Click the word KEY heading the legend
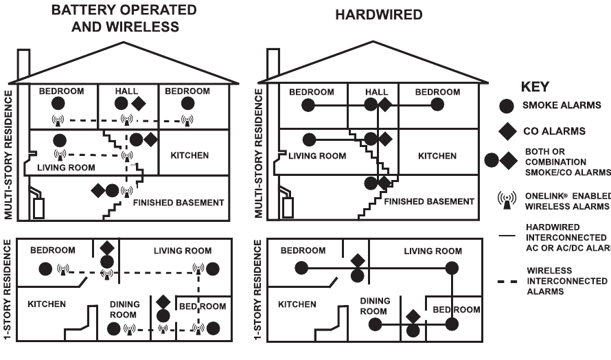coord(536,88)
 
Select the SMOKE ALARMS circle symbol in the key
coord(507,106)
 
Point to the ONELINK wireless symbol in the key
coord(507,199)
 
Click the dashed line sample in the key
coord(507,281)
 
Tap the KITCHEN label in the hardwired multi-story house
coord(437,156)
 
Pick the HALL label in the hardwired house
coord(377,91)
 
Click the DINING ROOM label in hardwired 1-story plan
coord(375,306)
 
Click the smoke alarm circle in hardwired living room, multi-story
coord(309,139)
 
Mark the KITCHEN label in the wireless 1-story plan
coord(47,303)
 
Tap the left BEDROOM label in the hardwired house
coord(312,91)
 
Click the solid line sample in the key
coord(507,236)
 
